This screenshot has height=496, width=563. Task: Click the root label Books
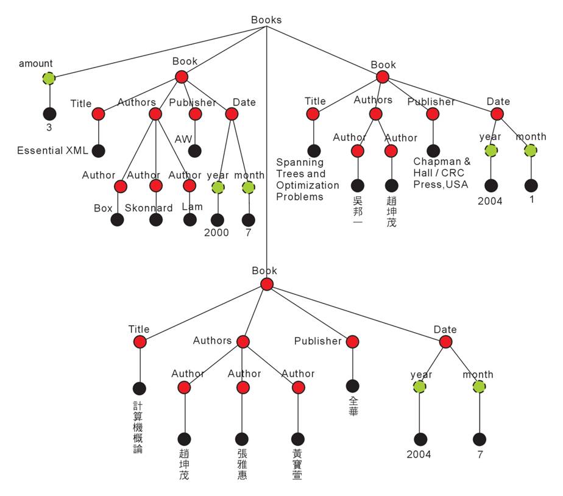coord(266,19)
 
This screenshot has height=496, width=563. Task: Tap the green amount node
coord(49,78)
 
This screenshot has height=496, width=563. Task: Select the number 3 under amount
coord(49,128)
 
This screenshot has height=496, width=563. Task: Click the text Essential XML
coord(52,151)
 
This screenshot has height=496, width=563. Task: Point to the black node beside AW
coord(195,151)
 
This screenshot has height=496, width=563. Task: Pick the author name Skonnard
coord(149,208)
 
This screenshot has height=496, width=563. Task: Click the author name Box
coord(103,208)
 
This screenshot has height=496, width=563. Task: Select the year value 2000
coord(216,232)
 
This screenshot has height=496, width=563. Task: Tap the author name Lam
coord(192,207)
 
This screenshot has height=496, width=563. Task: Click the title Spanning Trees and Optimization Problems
coord(307,179)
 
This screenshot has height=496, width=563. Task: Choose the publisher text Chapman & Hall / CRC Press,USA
coord(442,173)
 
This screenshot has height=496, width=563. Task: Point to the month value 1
coord(531,199)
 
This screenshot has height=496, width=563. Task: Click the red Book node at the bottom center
coord(266,284)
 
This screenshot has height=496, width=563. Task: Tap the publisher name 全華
coord(353,406)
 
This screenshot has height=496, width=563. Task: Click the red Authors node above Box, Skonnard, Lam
coord(155,114)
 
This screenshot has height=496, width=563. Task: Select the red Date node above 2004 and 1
coord(497,114)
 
